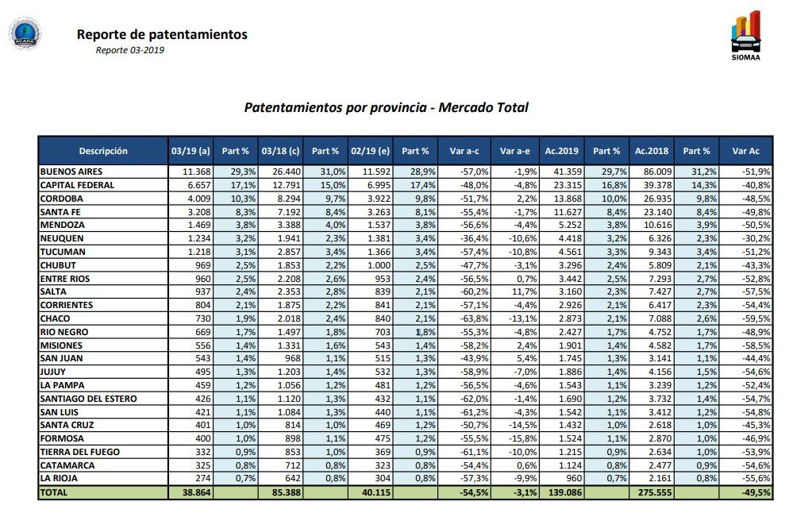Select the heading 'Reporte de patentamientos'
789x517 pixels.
point(162,34)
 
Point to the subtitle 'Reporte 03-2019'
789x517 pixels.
point(130,50)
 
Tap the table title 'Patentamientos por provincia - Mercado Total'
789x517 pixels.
point(386,107)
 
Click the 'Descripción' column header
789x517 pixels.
point(103,151)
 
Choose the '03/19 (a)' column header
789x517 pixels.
point(191,151)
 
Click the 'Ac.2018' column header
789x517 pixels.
point(651,151)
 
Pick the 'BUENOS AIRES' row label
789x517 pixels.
point(71,172)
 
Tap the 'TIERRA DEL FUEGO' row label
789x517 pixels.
point(79,452)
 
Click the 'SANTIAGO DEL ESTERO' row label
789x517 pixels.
point(88,399)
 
